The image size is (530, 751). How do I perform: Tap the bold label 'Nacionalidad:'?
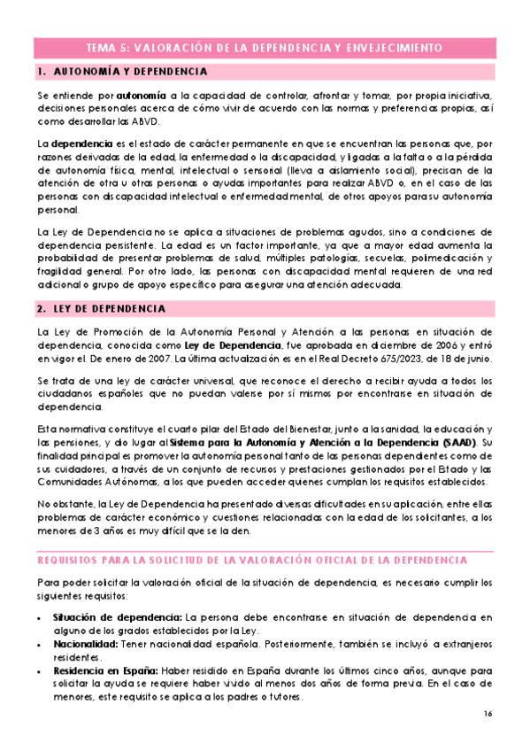(87, 645)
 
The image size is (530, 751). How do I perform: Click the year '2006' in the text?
(440, 345)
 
